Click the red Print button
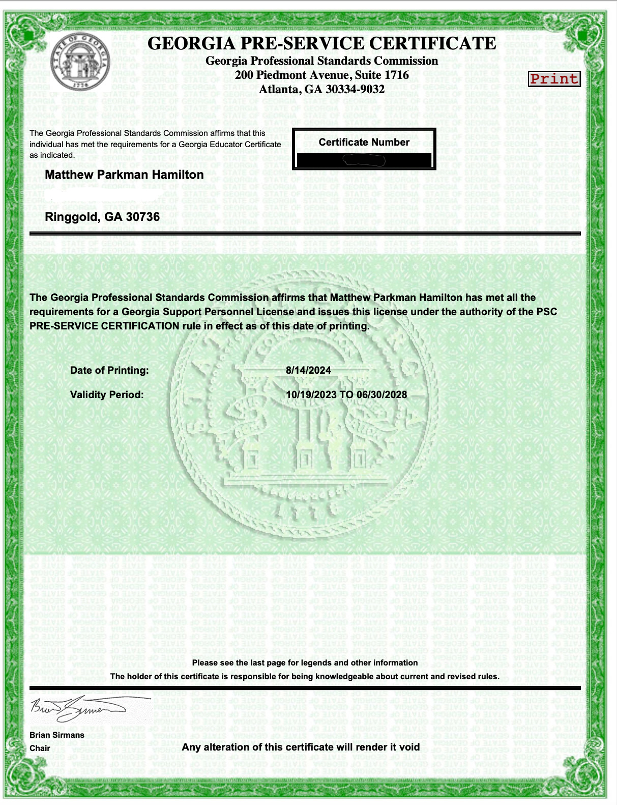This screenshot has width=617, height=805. pyautogui.click(x=554, y=79)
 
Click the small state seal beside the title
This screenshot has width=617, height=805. pyautogui.click(x=80, y=62)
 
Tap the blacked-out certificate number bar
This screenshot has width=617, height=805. pyautogui.click(x=364, y=160)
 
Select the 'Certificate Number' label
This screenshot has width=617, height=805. pyautogui.click(x=364, y=142)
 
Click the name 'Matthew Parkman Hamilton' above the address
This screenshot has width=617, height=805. pyautogui.click(x=124, y=175)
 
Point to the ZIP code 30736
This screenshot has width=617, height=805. pyautogui.click(x=143, y=217)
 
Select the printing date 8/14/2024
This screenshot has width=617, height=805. pyautogui.click(x=308, y=370)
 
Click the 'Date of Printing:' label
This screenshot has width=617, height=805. pyautogui.click(x=109, y=370)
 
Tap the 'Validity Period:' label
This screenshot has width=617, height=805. pyautogui.click(x=107, y=395)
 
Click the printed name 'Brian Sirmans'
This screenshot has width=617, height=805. pyautogui.click(x=57, y=735)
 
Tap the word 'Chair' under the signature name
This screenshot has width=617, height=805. pyautogui.click(x=40, y=748)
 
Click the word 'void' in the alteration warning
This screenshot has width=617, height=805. pyautogui.click(x=408, y=747)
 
